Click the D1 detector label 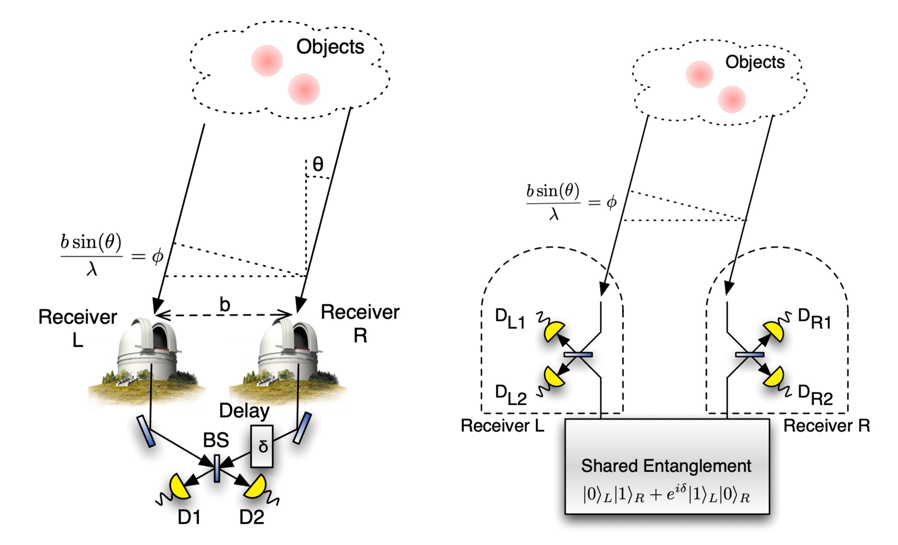pyautogui.click(x=189, y=516)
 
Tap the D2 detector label pyautogui.click(x=252, y=516)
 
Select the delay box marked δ pyautogui.click(x=262, y=446)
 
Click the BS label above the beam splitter pyautogui.click(x=216, y=440)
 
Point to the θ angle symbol pyautogui.click(x=318, y=164)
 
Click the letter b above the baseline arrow pyautogui.click(x=225, y=304)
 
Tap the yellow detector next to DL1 pyautogui.click(x=554, y=331)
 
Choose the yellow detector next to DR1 pyautogui.click(x=773, y=332)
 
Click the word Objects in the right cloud pyautogui.click(x=755, y=62)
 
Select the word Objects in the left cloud pyautogui.click(x=330, y=47)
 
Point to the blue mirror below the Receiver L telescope pyautogui.click(x=146, y=431)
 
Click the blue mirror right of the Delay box pyautogui.click(x=302, y=428)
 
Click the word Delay pyautogui.click(x=244, y=411)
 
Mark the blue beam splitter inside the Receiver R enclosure pyautogui.click(x=749, y=354)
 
